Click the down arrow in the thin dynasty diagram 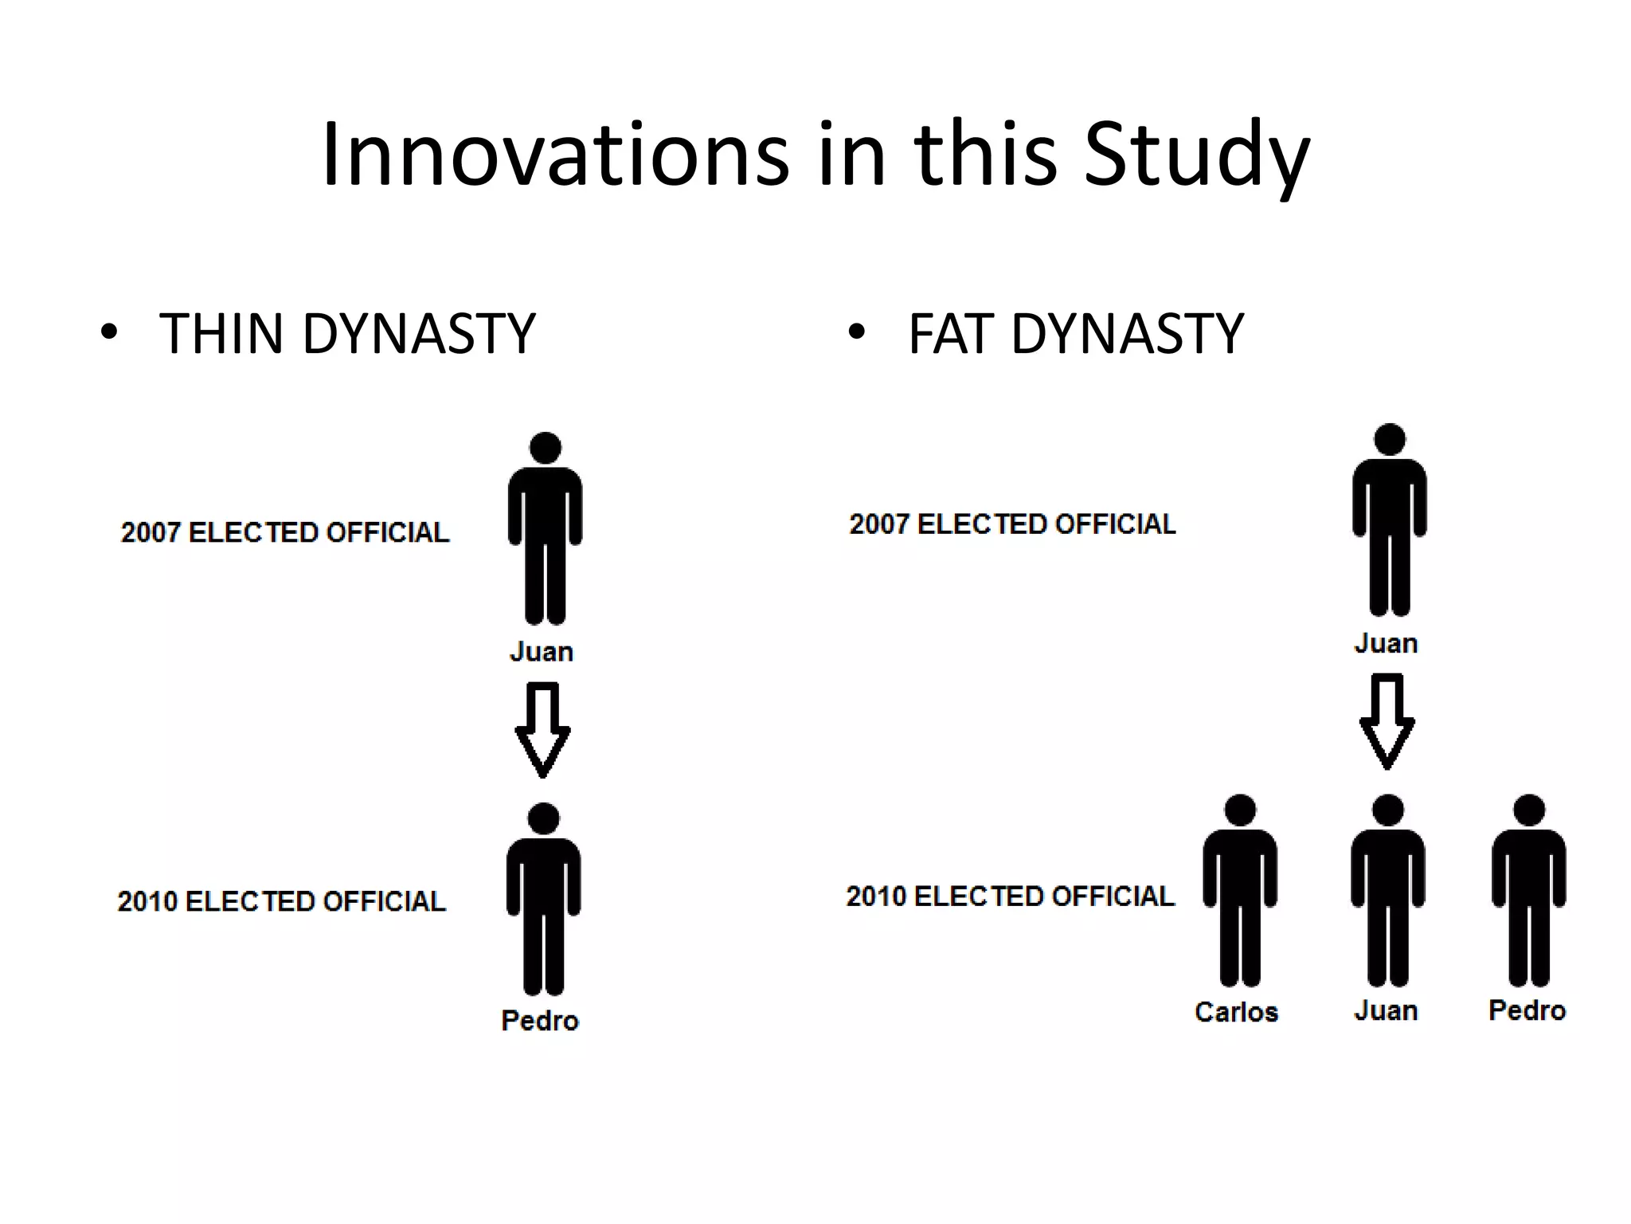pos(542,728)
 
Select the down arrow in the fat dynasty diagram pos(1387,720)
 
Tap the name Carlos pos(1236,1011)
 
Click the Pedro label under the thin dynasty pos(540,1020)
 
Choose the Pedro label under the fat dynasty pos(1527,1010)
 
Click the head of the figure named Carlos pos(1240,810)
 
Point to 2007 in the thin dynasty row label pos(151,532)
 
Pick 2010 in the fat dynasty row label pos(876,896)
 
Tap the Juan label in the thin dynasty pos(542,651)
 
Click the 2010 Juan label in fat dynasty pos(1386,1010)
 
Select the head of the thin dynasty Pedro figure pos(544,818)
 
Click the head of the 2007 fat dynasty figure pos(1390,439)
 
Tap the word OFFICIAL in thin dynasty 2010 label pos(383,900)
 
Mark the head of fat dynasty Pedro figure pos(1529,810)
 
